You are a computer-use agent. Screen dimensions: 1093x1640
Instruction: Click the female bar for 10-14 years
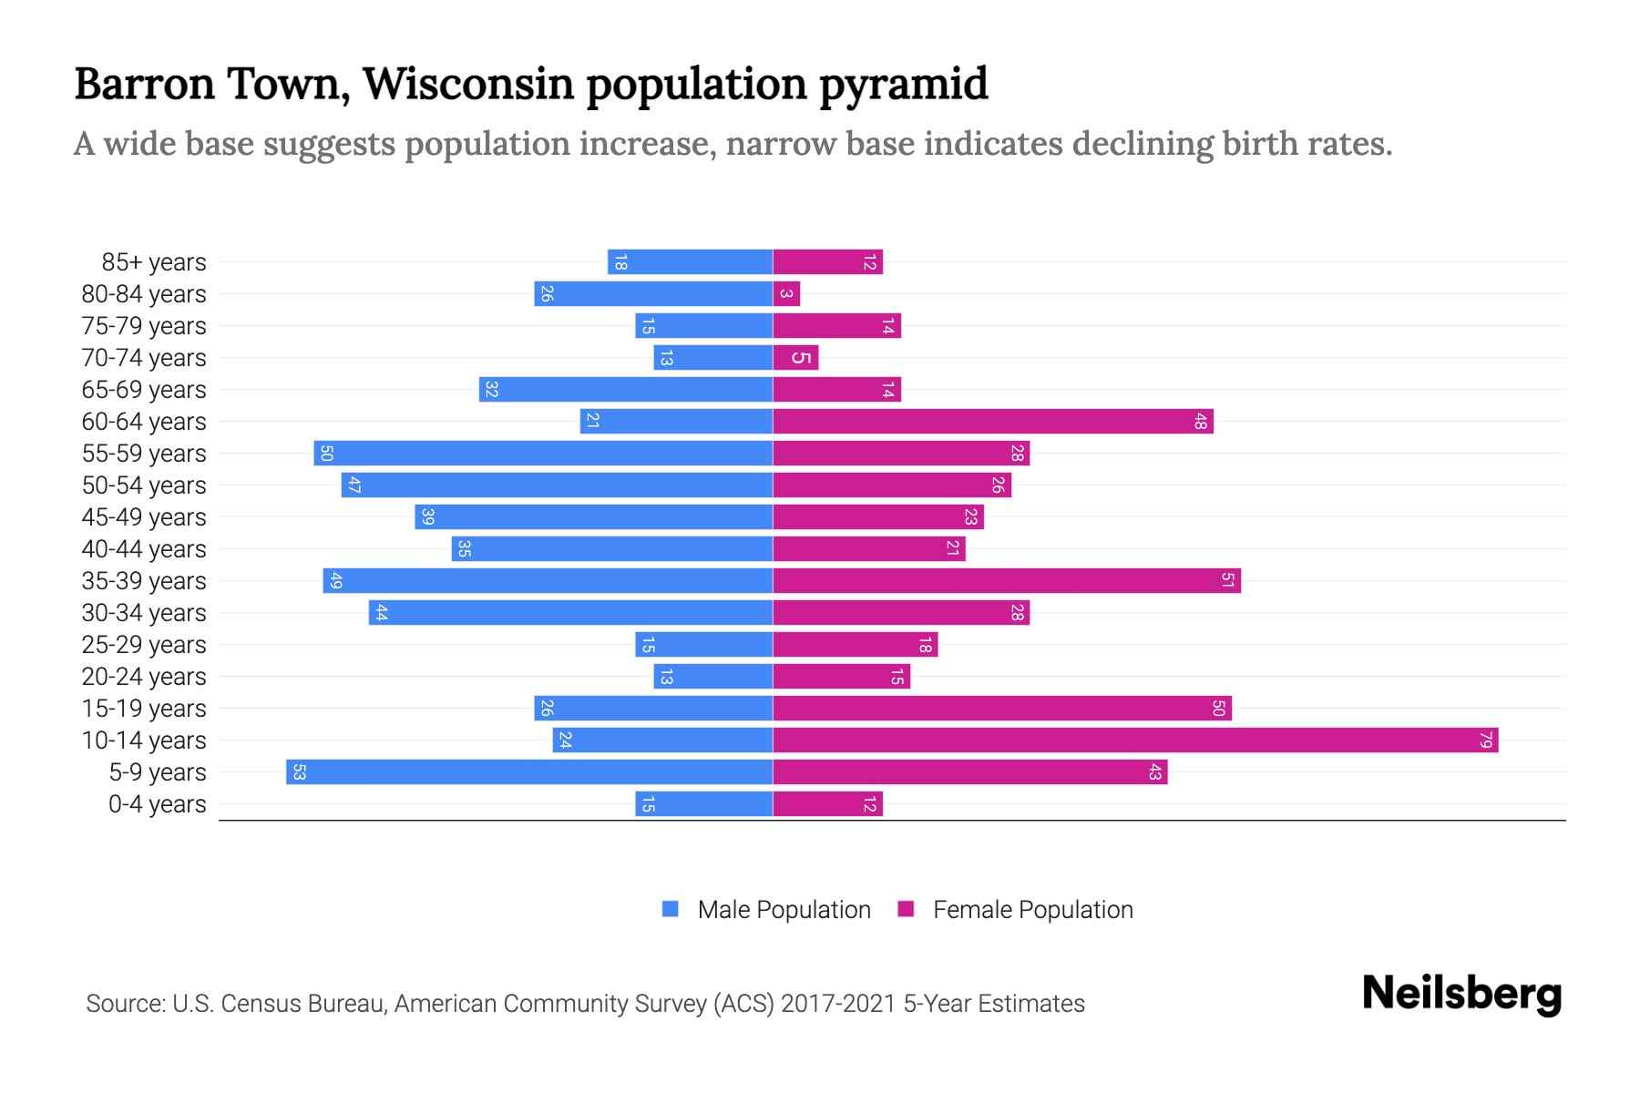(1135, 741)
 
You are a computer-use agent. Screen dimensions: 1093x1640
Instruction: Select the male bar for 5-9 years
(529, 772)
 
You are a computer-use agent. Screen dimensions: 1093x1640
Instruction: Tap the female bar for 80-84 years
(786, 294)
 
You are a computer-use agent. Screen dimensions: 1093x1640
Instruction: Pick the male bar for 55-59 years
(543, 454)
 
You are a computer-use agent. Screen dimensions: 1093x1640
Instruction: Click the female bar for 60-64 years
(993, 422)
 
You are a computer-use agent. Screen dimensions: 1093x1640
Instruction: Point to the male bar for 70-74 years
(713, 358)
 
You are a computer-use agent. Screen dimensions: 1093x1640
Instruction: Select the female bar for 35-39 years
(1007, 581)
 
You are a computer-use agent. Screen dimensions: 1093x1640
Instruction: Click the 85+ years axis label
(154, 262)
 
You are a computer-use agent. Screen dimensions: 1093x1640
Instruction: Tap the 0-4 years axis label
(157, 804)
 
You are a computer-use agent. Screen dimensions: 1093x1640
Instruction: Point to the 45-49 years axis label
(144, 517)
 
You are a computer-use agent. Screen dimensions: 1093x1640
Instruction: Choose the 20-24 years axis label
(144, 677)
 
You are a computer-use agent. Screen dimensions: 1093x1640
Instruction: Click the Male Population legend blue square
(671, 909)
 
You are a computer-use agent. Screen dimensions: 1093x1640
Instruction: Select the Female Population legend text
(1032, 910)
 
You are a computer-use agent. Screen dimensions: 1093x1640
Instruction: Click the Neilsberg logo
(1461, 994)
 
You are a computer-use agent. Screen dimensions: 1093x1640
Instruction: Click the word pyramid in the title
(903, 84)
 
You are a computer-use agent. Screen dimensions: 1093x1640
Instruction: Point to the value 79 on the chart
(1486, 741)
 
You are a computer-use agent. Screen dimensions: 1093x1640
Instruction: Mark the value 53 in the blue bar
(299, 772)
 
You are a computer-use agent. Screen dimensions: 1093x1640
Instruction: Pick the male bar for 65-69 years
(626, 390)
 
